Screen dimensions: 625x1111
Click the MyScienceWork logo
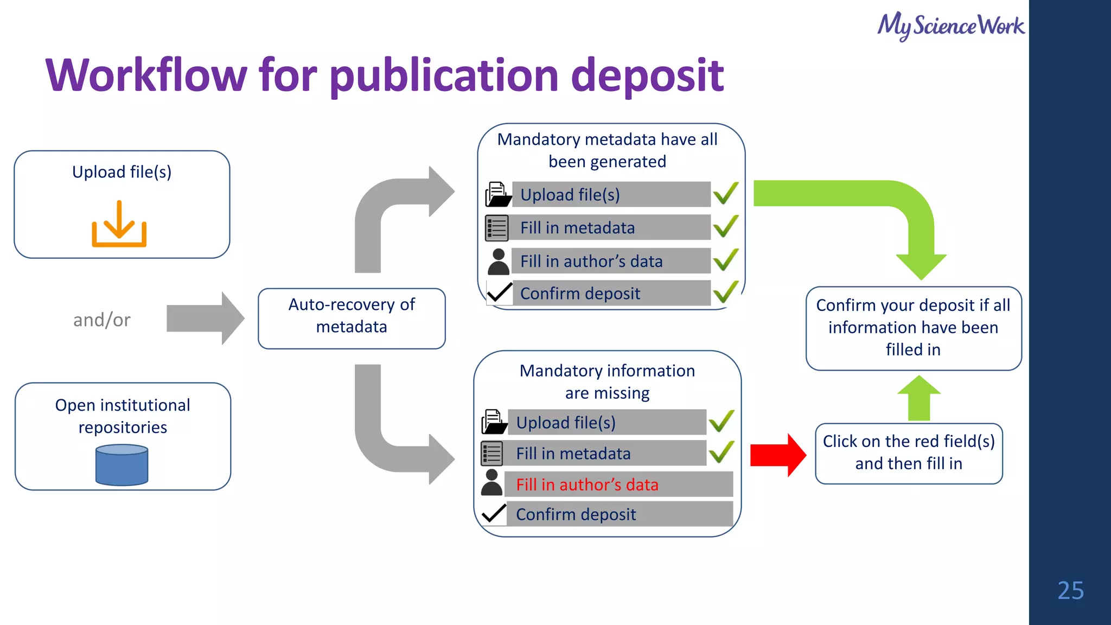(950, 26)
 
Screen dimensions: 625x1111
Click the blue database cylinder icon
(122, 465)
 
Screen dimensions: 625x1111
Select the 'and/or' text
(102, 320)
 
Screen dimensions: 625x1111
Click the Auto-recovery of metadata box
(352, 318)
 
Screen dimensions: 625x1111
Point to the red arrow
(777, 455)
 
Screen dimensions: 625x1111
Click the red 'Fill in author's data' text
(587, 484)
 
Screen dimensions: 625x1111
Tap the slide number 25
(1070, 590)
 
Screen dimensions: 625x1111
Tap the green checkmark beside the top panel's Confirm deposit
(726, 292)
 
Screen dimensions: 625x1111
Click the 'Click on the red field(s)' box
(909, 453)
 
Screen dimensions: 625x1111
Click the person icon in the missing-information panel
(491, 482)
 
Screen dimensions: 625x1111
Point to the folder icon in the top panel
(497, 194)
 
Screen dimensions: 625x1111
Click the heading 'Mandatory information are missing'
(607, 381)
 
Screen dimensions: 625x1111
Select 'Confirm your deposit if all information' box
(913, 328)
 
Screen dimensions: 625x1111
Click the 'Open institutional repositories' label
(123, 416)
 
